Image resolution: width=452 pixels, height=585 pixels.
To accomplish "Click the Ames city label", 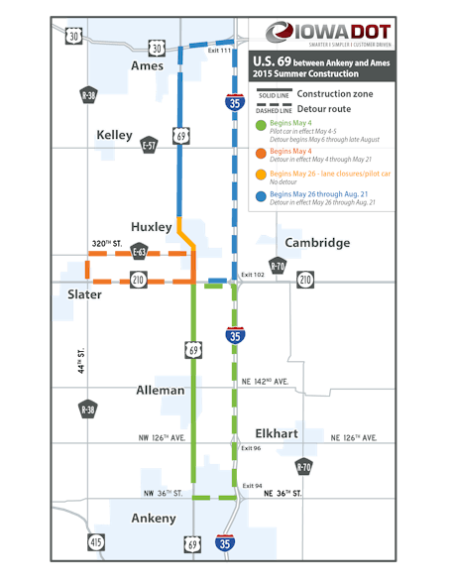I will point(147,65).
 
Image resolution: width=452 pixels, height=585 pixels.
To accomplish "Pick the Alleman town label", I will point(160,391).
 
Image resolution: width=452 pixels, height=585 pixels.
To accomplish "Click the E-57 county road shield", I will point(148,145).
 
